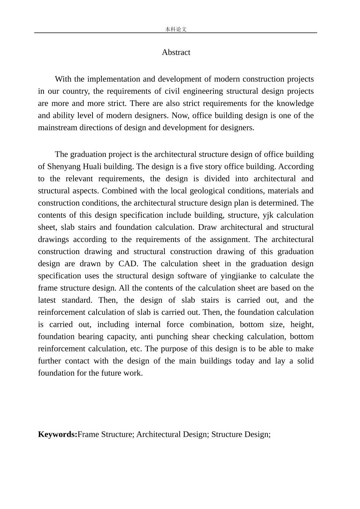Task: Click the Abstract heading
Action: (x=176, y=52)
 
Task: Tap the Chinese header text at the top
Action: (x=176, y=29)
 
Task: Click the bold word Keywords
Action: (x=57, y=434)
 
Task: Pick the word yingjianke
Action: (x=238, y=276)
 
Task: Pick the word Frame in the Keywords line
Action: (x=88, y=434)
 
